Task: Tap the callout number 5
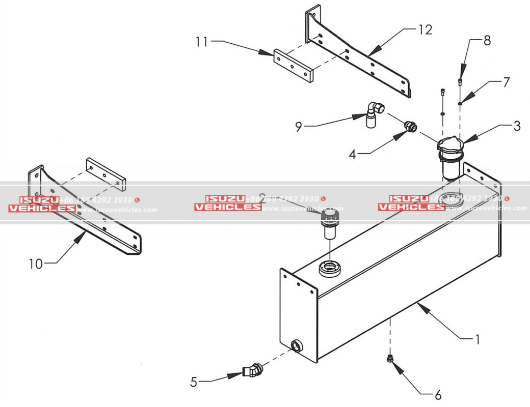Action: point(194,382)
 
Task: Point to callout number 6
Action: point(437,394)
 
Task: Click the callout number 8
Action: point(487,41)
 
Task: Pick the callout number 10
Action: point(36,264)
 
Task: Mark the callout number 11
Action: point(202,41)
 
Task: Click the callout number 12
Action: point(425,30)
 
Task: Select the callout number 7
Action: point(506,82)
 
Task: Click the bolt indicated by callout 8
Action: point(461,81)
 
